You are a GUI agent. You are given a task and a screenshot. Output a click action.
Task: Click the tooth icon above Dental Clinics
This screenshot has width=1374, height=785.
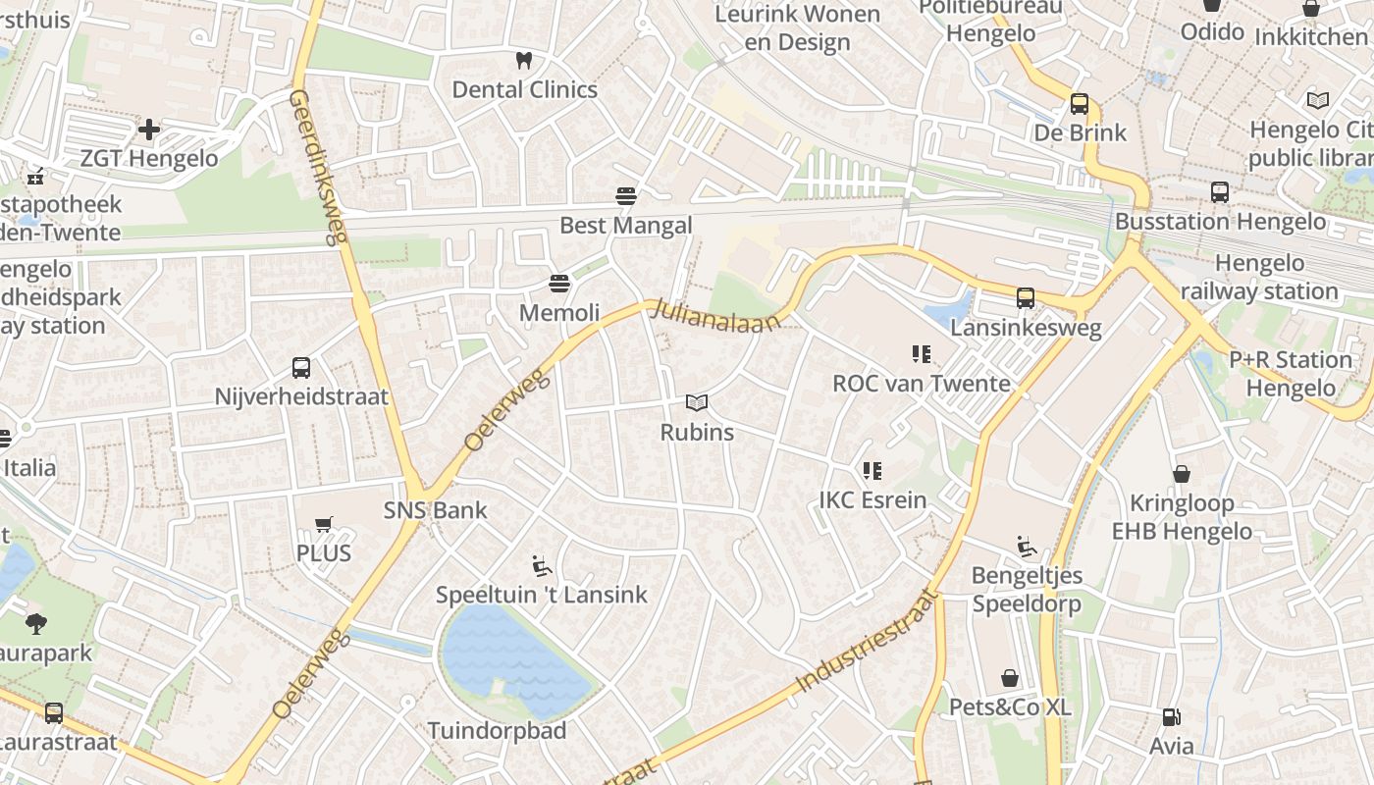(523, 61)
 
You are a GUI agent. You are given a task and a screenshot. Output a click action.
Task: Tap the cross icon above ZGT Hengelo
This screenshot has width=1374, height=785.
(149, 129)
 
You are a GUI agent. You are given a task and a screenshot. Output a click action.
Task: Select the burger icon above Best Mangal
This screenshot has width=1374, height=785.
(626, 196)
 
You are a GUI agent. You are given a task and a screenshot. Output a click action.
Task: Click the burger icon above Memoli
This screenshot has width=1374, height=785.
(559, 285)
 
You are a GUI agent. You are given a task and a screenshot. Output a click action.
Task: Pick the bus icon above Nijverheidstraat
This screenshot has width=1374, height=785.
(301, 368)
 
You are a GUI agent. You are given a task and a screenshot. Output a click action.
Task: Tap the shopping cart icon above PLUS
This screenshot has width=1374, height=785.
(324, 524)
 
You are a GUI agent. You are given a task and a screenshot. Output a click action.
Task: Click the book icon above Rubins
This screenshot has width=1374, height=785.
(697, 403)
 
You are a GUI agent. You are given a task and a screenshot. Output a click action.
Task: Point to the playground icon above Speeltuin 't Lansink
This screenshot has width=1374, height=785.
(542, 566)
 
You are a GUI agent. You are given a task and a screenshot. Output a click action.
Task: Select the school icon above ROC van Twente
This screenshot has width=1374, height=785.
(921, 354)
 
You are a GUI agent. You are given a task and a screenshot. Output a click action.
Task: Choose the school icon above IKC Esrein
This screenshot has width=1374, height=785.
(872, 471)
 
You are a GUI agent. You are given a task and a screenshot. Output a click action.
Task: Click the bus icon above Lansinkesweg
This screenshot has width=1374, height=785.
(1026, 298)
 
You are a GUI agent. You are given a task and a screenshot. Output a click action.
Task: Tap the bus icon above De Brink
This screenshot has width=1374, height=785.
(1080, 104)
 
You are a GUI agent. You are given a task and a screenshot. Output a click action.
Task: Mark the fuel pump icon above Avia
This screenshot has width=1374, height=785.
(1172, 717)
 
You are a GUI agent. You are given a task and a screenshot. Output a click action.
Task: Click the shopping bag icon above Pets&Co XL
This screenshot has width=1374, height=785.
(1010, 678)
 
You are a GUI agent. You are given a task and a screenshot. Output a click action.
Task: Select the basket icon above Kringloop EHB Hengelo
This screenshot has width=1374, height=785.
(1182, 475)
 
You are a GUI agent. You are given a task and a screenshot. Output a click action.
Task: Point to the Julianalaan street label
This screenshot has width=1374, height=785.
(718, 317)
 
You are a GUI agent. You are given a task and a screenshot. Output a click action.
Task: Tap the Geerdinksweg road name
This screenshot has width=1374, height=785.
(320, 167)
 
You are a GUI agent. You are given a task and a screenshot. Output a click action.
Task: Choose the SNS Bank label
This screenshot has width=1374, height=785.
(435, 510)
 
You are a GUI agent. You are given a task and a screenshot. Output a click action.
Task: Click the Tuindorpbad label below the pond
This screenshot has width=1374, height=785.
(497, 731)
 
